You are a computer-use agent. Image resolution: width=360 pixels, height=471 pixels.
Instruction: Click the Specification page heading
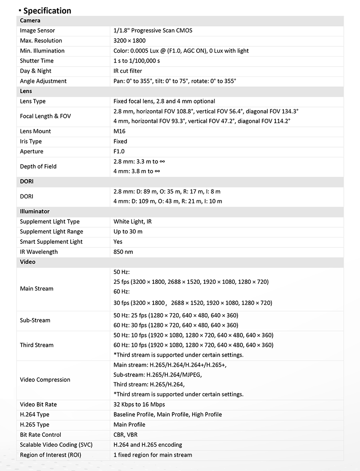(47, 10)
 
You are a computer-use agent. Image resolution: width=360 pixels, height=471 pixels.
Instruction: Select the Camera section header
(30, 21)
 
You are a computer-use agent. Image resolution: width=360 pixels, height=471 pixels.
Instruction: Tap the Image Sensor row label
(37, 31)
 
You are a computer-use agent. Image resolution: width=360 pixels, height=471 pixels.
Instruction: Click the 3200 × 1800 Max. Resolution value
(130, 40)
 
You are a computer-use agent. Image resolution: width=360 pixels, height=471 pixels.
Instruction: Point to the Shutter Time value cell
(137, 61)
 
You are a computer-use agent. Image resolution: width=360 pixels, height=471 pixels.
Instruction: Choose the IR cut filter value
(128, 71)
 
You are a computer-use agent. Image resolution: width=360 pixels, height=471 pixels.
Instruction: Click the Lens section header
(26, 91)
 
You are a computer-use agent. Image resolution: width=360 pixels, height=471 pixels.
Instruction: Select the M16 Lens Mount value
(119, 131)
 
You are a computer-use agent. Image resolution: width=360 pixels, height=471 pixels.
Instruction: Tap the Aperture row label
(31, 152)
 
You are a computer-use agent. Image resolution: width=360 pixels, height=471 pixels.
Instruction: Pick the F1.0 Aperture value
(119, 152)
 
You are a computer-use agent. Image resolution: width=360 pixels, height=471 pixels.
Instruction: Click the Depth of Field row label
(38, 166)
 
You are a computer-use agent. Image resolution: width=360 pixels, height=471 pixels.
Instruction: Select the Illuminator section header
(35, 211)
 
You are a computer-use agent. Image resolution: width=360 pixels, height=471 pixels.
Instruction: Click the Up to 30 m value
(128, 232)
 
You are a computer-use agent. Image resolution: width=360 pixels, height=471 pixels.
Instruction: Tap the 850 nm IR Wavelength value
(123, 252)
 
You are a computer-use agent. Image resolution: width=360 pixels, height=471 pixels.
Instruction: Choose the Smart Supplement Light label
(51, 242)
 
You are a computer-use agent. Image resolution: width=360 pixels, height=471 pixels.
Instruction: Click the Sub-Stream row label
(35, 320)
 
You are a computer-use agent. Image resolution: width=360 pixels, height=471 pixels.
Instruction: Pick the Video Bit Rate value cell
(139, 404)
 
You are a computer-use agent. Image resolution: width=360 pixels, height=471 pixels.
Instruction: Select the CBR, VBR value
(126, 435)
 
